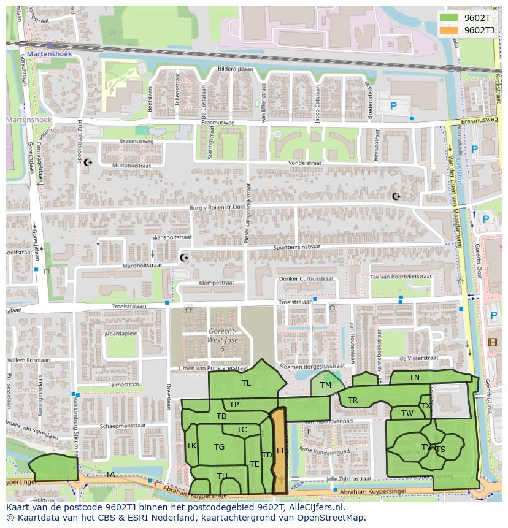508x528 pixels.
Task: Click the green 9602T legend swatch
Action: [449, 18]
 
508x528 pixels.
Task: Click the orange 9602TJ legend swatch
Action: [449, 30]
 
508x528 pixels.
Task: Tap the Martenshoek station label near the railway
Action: [49, 54]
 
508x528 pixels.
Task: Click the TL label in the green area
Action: [246, 383]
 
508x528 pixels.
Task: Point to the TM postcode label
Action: [326, 385]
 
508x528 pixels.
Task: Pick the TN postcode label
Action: [415, 378]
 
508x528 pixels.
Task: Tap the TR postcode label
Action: [353, 400]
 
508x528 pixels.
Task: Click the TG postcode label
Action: [219, 447]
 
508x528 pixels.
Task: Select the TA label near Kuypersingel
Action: [110, 475]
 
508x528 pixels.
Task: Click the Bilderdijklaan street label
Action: [235, 69]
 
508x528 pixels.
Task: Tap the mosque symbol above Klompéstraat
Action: [183, 258]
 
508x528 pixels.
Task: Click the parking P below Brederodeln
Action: [393, 106]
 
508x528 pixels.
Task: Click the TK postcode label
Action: [191, 446]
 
